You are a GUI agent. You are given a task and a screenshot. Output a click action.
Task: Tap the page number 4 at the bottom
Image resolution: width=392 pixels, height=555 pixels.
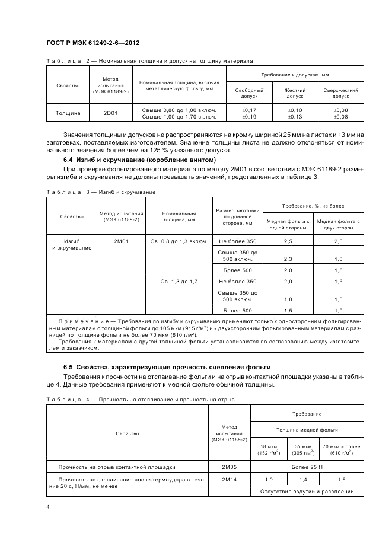[x=48, y=507]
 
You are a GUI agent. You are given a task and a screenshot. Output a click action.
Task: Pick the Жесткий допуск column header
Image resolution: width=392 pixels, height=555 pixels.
[x=295, y=93]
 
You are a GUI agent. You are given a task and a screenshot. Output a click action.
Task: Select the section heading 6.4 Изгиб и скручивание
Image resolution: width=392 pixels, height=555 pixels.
[x=139, y=161]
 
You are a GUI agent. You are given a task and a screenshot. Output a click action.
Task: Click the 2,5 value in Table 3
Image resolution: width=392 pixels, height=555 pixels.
[x=288, y=241]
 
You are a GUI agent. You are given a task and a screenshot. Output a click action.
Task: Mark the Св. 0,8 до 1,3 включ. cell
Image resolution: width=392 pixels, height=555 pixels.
[x=179, y=241]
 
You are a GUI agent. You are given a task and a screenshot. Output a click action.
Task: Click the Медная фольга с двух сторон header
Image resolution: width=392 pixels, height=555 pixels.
[x=339, y=224]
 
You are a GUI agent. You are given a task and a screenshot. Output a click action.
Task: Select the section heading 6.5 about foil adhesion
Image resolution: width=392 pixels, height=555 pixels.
[x=167, y=368]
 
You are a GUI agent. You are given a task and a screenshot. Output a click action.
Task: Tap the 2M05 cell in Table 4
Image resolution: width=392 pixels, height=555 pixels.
[x=229, y=466]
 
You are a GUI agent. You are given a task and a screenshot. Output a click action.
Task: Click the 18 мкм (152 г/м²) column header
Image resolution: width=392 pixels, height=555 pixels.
[x=269, y=449]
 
